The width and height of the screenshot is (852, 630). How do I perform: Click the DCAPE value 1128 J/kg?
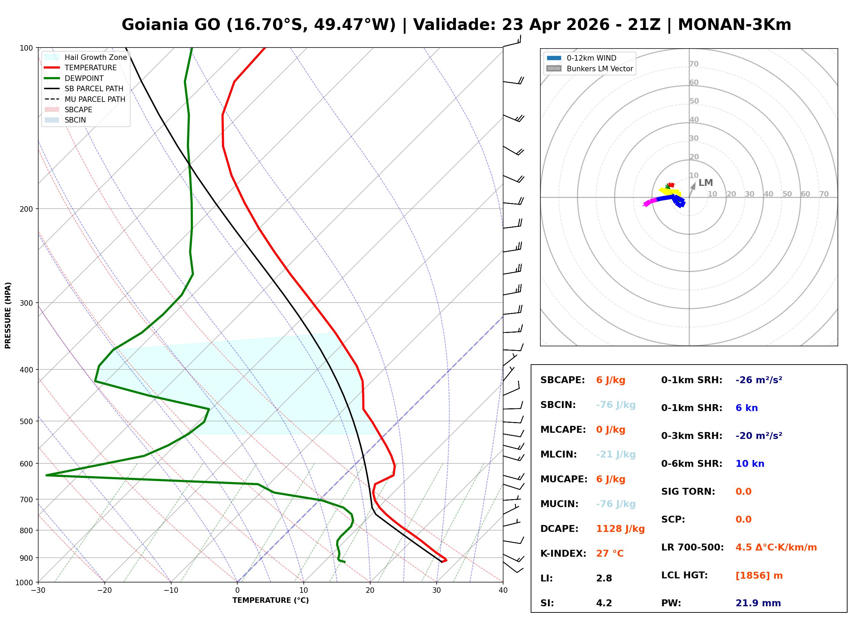tap(620, 528)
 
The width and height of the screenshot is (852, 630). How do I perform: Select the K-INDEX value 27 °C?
tap(610, 553)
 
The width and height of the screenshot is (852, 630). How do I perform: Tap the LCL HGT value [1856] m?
tap(759, 576)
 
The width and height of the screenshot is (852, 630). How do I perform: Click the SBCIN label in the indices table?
tap(558, 405)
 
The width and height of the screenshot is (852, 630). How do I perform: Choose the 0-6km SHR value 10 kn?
tap(749, 464)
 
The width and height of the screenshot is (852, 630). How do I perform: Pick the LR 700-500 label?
tap(692, 547)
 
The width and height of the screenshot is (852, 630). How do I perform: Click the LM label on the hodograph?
tap(706, 183)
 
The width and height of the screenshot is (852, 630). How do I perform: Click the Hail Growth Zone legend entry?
tap(95, 57)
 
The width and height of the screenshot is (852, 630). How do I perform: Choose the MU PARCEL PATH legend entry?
tap(95, 99)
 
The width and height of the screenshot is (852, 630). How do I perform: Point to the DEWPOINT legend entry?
tap(84, 78)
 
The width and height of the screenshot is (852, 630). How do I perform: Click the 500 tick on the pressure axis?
tap(26, 421)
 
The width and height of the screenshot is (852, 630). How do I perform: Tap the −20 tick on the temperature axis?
tap(104, 590)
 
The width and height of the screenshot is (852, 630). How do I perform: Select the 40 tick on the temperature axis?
tap(503, 590)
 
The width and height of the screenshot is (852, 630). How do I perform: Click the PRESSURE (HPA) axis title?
tap(8, 315)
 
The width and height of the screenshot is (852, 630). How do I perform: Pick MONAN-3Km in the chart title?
tap(734, 25)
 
